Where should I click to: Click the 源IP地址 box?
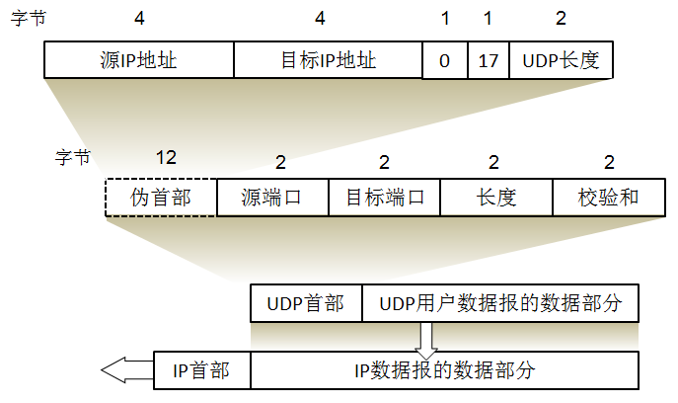coord(138,60)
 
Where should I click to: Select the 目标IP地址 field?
coord(328,60)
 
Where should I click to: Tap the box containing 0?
coord(444,61)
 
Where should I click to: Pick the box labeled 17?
coord(488,61)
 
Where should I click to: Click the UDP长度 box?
coord(561,60)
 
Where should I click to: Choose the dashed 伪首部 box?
coord(160,198)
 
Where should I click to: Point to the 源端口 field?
coord(271,198)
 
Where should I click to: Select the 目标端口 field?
coord(384,198)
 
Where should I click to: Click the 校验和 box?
coord(608,198)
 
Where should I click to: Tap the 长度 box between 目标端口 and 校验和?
coord(495,198)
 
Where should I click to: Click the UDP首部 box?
coord(306,303)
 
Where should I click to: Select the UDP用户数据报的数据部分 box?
coord(500,303)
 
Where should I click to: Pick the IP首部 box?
coord(201,370)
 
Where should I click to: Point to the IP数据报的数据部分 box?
coord(444,370)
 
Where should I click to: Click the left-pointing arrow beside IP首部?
coord(123,370)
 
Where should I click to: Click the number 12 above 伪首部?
coord(166,157)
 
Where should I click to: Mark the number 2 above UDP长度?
coord(562,19)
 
